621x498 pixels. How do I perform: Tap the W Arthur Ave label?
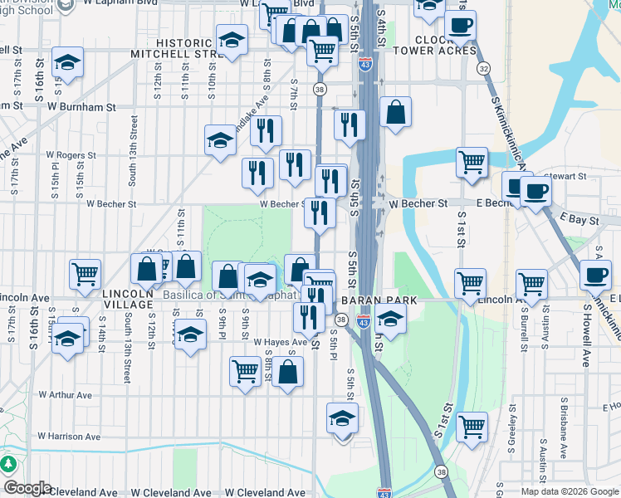[74, 396]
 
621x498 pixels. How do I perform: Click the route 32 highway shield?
[484, 68]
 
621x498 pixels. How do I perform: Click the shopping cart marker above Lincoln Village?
[86, 275]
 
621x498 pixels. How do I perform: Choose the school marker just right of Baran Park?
[389, 317]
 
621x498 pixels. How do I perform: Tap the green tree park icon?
[9, 463]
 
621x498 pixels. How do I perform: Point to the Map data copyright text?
[570, 491]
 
